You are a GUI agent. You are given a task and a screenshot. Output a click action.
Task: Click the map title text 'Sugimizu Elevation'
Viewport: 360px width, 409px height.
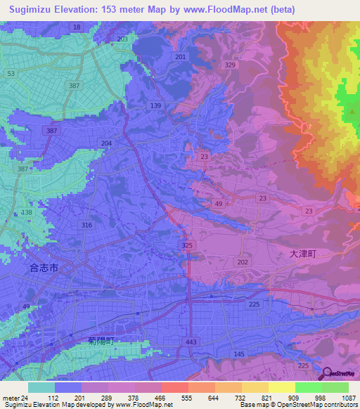coord(53,9)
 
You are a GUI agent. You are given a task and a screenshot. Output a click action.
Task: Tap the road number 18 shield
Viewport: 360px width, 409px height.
coord(77,27)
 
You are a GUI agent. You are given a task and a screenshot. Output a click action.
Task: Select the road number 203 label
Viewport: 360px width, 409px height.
coord(123,39)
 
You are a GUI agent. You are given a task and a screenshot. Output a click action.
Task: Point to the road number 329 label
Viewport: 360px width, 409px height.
coord(230,65)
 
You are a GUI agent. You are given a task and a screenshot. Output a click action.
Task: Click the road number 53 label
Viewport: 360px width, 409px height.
coord(10,73)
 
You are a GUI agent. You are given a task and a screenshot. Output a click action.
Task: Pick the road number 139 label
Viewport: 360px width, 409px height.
coord(156,105)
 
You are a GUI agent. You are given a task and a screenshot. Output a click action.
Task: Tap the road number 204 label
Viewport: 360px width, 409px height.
coord(106,143)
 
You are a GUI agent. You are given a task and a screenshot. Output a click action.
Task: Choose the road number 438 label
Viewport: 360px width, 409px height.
coord(27,212)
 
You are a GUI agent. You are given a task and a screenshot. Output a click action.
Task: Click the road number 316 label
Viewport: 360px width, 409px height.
coord(87,225)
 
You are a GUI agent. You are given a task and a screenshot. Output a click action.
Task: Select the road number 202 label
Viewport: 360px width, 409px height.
coord(243,261)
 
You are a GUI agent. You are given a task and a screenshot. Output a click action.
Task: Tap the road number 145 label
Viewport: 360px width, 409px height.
coord(239,353)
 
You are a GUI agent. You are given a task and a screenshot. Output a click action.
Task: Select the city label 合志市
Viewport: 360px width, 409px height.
coord(45,268)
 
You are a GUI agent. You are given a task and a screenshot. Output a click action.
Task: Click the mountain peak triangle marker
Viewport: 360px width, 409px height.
coord(352,111)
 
